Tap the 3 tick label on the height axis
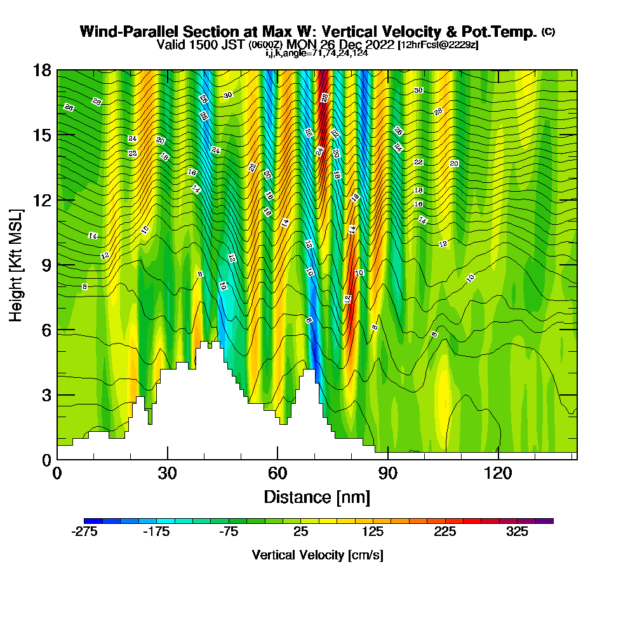[46, 395]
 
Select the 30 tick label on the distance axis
[167, 474]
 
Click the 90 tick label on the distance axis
[388, 474]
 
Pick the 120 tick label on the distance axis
[498, 474]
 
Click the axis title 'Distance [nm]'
[317, 496]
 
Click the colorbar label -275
[84, 532]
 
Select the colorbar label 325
[518, 532]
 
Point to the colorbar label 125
[373, 532]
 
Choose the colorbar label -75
[229, 532]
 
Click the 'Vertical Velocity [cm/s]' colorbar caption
[317, 555]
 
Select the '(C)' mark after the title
[548, 31]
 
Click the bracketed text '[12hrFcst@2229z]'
[438, 45]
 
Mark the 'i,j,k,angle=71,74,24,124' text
[317, 53]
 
